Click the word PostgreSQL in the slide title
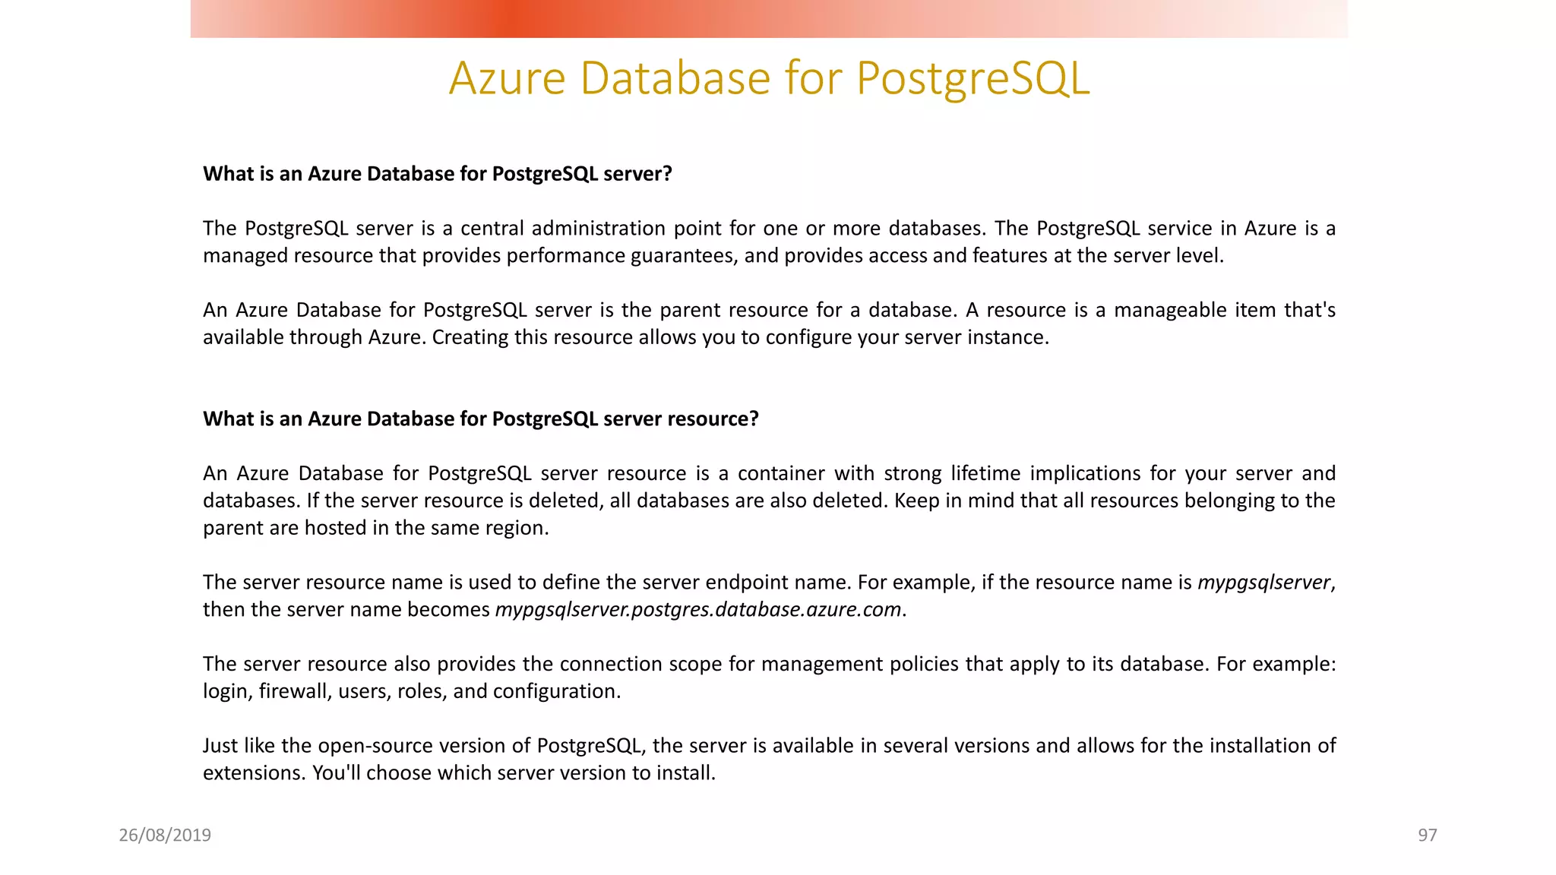[x=972, y=78]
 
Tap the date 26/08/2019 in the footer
[x=165, y=836]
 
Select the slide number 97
[x=1427, y=836]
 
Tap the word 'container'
[x=781, y=474]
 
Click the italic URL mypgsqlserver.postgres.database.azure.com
[x=697, y=610]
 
